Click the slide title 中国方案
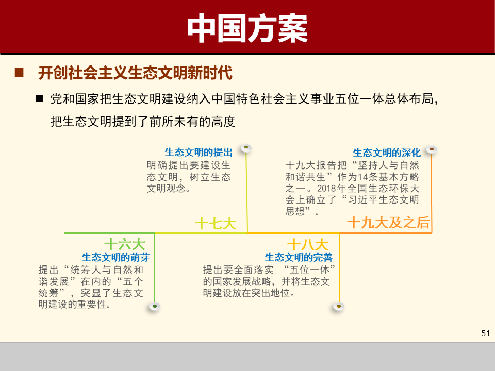[247, 28]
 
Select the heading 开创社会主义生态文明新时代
[135, 73]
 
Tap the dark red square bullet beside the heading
[19, 73]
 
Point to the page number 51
[485, 333]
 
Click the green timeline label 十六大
[125, 244]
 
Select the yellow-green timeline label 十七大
[216, 223]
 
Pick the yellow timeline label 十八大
[308, 244]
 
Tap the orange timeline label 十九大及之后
[388, 223]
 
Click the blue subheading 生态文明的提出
[199, 153]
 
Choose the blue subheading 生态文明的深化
[387, 153]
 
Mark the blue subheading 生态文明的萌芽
[115, 257]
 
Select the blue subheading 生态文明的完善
[299, 257]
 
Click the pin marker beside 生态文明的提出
[246, 148]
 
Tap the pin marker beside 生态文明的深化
[432, 149]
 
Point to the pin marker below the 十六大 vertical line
[154, 307]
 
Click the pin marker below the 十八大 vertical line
[338, 307]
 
